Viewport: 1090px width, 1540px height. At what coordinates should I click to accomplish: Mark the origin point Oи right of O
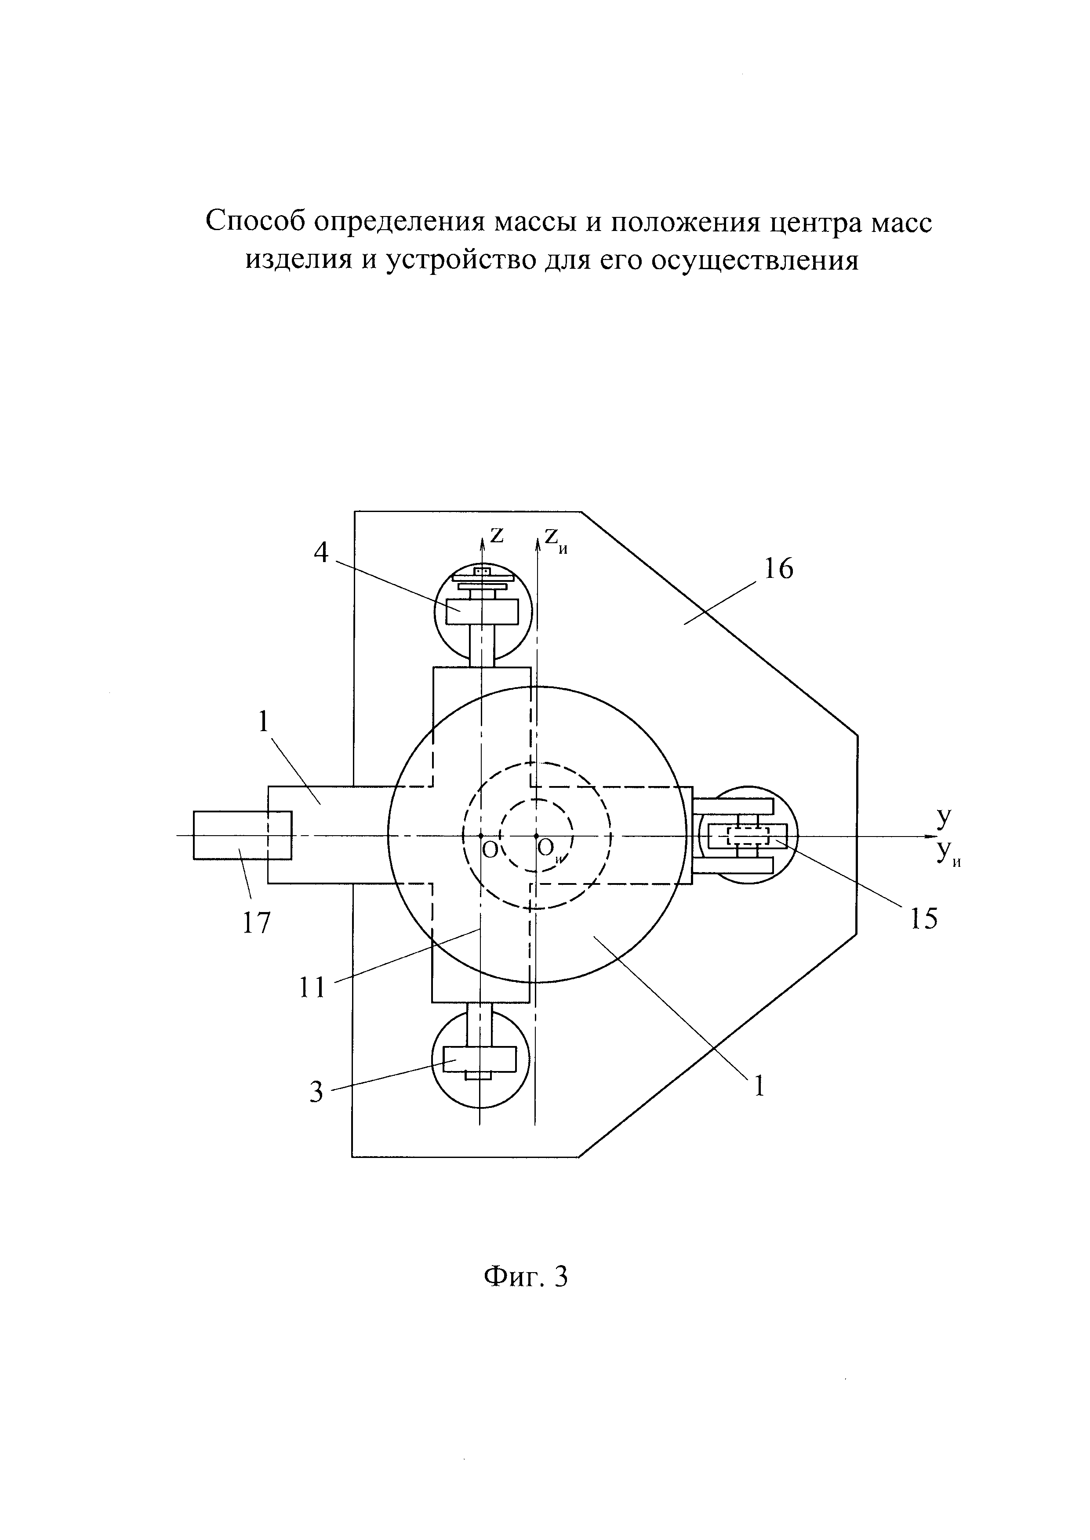[536, 836]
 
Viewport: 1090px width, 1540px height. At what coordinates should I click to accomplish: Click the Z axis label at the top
[497, 534]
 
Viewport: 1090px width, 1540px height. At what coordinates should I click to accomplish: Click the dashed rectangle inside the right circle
[748, 836]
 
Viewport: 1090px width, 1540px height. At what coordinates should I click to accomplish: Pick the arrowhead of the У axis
[930, 836]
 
